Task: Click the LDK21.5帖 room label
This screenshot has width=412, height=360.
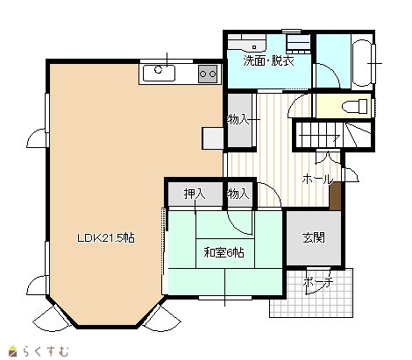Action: tap(106, 238)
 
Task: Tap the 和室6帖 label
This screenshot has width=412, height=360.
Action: tap(224, 252)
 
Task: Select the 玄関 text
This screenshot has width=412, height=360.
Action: tap(314, 238)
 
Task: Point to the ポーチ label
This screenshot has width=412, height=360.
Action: tap(318, 282)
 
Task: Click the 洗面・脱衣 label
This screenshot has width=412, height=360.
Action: tap(268, 61)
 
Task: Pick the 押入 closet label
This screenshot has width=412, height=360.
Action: tap(195, 194)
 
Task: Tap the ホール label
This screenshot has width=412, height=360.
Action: tap(317, 179)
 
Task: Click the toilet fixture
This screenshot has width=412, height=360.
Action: tap(354, 106)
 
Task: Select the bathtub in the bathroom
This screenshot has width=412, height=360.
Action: tap(362, 62)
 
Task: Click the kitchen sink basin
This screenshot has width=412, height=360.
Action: tap(159, 73)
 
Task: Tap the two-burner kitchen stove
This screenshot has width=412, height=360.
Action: tap(208, 74)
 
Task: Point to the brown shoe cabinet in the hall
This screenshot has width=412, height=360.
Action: tap(335, 195)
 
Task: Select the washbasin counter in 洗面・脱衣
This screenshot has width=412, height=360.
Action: tap(247, 42)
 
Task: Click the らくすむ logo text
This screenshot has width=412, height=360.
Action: tap(46, 350)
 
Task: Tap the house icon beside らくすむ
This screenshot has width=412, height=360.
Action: tap(13, 351)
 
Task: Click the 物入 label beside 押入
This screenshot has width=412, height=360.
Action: tap(238, 194)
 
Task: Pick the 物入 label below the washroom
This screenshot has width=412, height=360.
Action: tap(238, 119)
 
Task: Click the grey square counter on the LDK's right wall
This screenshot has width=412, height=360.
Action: tap(213, 138)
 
